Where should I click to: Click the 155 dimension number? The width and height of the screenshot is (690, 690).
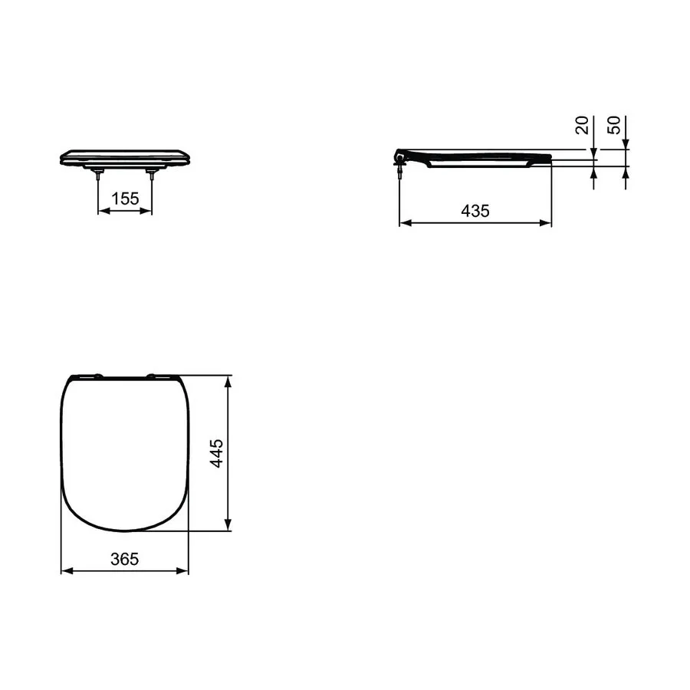coord(125,199)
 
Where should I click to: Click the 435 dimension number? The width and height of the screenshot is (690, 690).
coord(475,212)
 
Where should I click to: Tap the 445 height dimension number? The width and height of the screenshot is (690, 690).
coord(216,453)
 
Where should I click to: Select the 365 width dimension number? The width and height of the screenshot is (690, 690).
coord(124,559)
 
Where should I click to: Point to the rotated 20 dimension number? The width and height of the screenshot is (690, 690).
coord(582,125)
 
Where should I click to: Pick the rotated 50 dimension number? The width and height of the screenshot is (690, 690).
coord(614,125)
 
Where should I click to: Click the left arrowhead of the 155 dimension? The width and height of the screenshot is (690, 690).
coord(103,212)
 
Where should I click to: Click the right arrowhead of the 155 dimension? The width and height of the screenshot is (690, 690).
coord(146,212)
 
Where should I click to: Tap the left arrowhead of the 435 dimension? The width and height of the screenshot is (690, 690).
coord(406,223)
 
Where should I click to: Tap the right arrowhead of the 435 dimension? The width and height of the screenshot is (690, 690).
coord(545,223)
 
